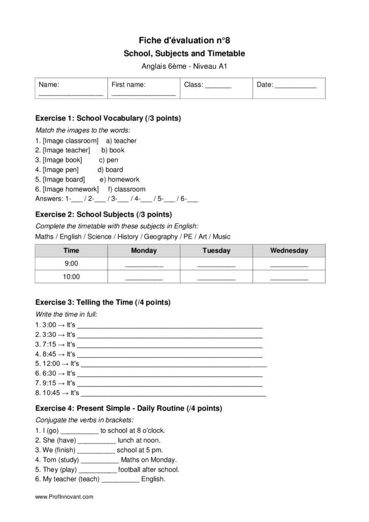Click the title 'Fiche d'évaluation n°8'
click(x=184, y=40)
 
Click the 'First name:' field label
click(x=128, y=85)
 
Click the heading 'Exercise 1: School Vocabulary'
click(x=108, y=118)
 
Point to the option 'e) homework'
click(x=119, y=179)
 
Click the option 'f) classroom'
click(x=126, y=189)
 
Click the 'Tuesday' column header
click(x=216, y=251)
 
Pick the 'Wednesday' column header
click(x=289, y=251)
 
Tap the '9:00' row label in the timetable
click(x=71, y=264)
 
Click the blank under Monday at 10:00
click(x=144, y=278)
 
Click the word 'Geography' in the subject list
click(x=160, y=237)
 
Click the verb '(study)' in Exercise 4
click(x=66, y=460)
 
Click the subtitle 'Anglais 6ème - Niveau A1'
click(x=184, y=65)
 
